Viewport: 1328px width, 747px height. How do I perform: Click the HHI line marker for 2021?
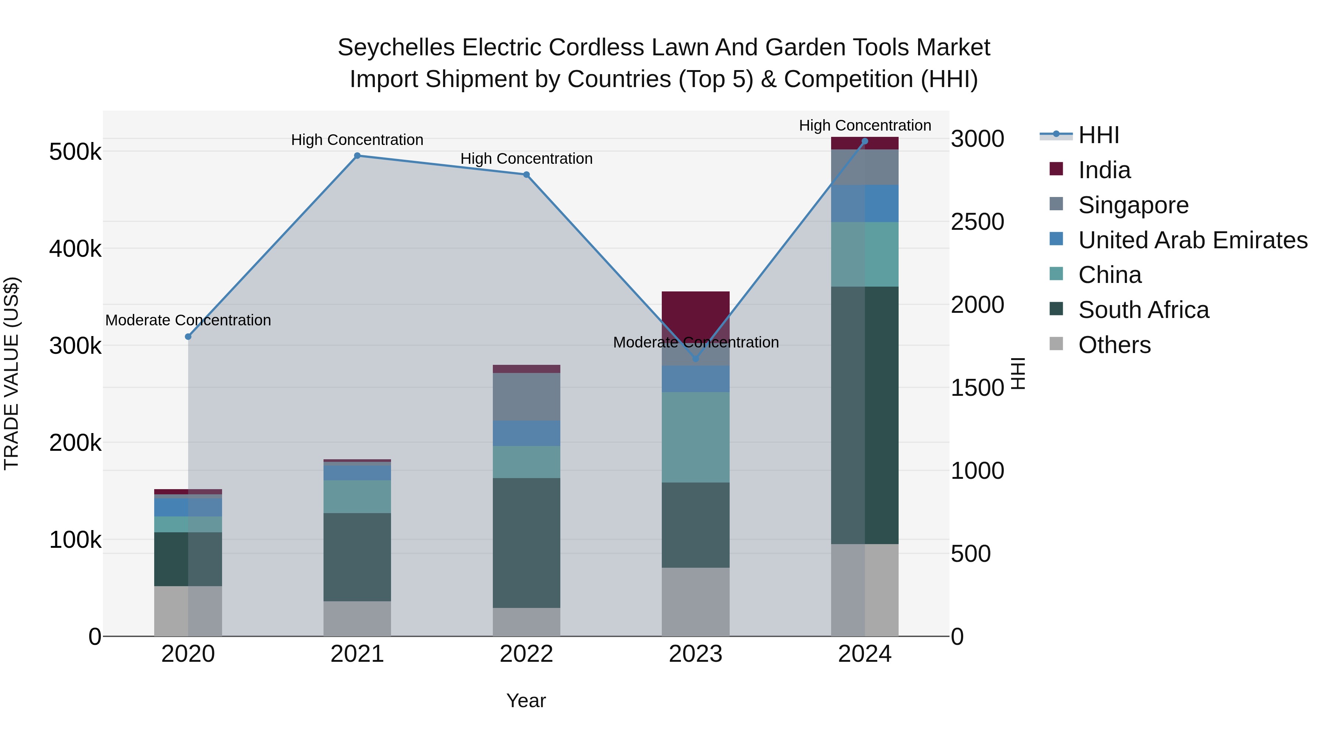point(357,156)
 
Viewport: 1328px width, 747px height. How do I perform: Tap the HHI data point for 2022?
point(526,175)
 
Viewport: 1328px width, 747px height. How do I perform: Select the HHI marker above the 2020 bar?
point(188,337)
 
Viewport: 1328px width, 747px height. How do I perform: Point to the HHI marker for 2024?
point(865,141)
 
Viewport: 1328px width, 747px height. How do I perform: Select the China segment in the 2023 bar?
point(695,437)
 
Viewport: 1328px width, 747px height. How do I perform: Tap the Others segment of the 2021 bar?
point(357,618)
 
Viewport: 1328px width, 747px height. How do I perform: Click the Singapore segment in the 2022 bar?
point(526,397)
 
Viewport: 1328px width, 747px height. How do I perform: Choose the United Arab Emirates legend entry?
point(1192,240)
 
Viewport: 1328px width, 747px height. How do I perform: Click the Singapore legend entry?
point(1133,205)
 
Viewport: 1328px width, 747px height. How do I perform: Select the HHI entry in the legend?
point(1098,135)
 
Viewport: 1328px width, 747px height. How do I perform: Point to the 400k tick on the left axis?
point(75,249)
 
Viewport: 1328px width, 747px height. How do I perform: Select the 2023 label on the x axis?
point(695,654)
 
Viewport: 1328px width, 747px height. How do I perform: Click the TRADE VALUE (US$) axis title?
point(12,373)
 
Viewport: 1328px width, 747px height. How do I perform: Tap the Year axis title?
point(526,701)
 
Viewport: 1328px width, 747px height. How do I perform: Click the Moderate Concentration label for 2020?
point(188,320)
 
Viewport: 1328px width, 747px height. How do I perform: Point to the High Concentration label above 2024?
point(865,125)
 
